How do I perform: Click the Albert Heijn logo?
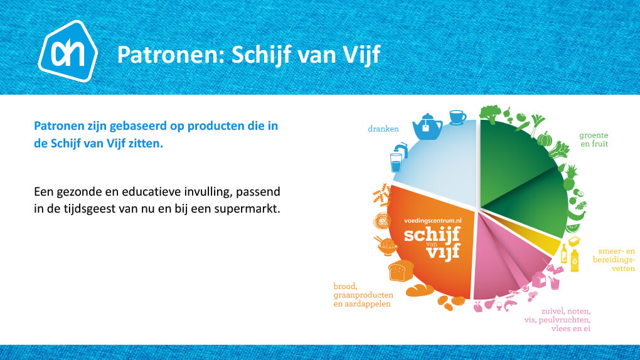pos(68,51)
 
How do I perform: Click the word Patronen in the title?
pos(171,55)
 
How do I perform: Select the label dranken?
pos(383,129)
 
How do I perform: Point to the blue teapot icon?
pos(427,127)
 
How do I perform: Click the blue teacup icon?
pos(457,117)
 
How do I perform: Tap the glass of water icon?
pos(397,163)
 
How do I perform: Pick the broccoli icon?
pos(490,114)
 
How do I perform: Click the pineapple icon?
pos(570,178)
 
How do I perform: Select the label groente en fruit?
pos(594,139)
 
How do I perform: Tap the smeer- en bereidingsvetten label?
pos(614,260)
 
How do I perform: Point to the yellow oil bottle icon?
pos(574,260)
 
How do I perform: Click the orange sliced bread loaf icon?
pos(401,270)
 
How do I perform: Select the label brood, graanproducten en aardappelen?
pos(363,295)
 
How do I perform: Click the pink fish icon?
pos(510,305)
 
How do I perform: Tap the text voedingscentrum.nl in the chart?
pos(433,220)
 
